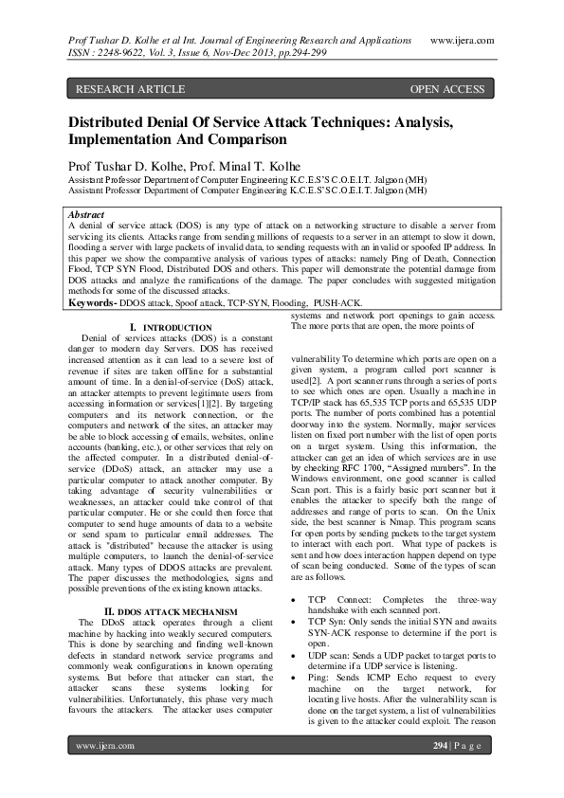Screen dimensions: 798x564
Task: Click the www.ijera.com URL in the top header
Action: point(466,43)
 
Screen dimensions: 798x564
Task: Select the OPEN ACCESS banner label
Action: point(446,89)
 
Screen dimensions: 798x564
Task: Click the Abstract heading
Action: point(87,215)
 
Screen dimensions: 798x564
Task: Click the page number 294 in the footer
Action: point(440,772)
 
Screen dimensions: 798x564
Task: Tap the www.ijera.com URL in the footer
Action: point(104,772)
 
